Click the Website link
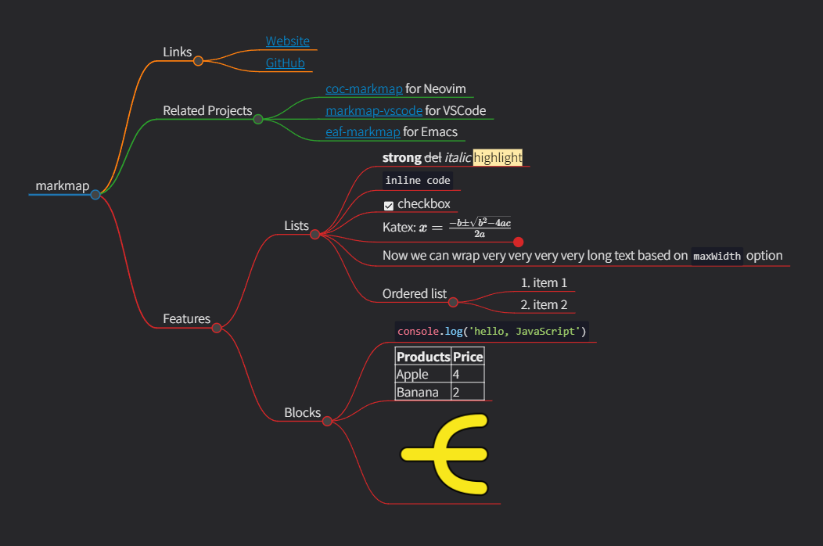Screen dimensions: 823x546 [x=287, y=41]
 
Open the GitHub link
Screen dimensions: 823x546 [x=285, y=63]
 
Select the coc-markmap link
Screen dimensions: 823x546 [x=364, y=89]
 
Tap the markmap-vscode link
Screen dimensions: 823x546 [x=374, y=111]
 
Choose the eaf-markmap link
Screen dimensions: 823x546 [x=362, y=132]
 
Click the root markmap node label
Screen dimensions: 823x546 [x=62, y=186]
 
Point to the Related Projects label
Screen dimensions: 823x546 [x=207, y=111]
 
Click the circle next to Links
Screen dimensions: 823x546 [x=198, y=61]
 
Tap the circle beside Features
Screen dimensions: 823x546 [x=217, y=328]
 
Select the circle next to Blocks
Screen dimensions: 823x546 [x=327, y=421]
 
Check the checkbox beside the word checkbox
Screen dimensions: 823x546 [x=389, y=206]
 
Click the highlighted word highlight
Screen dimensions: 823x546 [x=498, y=158]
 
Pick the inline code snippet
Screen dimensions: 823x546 [x=418, y=181]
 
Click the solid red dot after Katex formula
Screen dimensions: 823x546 [x=518, y=242]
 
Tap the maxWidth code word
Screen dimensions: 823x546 [x=717, y=257]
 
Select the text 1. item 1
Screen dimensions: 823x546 [x=544, y=283]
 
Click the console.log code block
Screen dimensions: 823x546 [x=491, y=332]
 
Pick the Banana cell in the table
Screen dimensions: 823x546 [x=417, y=393]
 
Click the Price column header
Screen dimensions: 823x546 [x=468, y=357]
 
